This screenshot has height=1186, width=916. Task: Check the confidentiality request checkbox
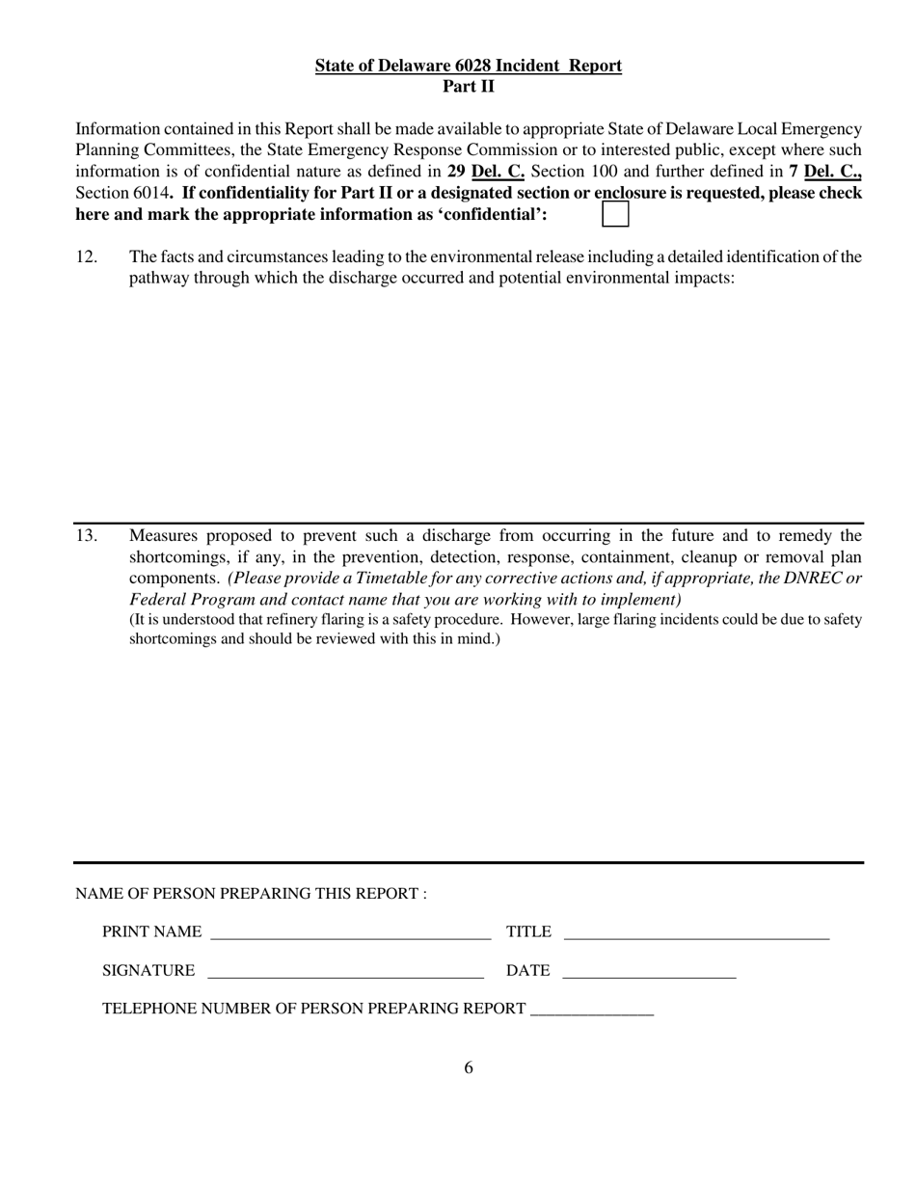click(x=615, y=214)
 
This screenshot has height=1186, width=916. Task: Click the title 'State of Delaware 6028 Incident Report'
click(x=468, y=66)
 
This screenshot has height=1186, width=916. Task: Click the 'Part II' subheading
click(x=468, y=86)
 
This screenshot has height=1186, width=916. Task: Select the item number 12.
click(x=87, y=256)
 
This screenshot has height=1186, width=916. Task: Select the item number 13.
click(x=87, y=536)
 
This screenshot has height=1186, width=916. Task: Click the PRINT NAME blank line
click(x=350, y=932)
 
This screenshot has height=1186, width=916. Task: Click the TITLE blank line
click(x=696, y=932)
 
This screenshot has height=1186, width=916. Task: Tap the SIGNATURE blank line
click(x=345, y=971)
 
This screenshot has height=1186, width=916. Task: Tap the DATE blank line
click(x=649, y=971)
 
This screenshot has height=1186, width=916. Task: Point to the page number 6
click(x=469, y=1067)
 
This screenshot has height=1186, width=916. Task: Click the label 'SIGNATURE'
click(x=148, y=971)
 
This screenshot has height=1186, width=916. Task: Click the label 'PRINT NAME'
click(x=152, y=932)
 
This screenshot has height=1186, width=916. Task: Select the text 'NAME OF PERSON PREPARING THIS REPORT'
click(x=247, y=894)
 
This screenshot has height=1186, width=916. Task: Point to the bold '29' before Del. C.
click(x=456, y=172)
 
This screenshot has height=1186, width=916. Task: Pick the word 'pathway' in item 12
click(x=158, y=278)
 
